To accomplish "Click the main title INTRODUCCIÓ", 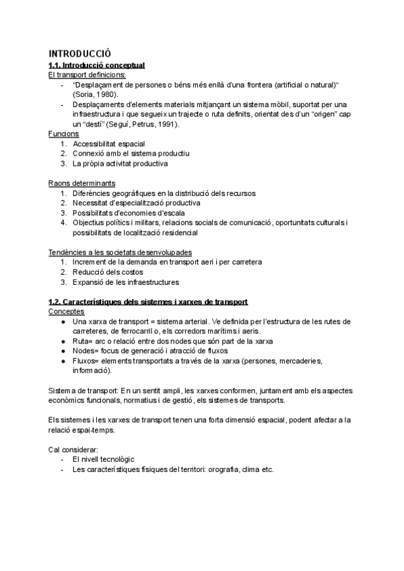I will click(79, 53).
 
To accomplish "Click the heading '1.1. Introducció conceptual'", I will click(97, 65).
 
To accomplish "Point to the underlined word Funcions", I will click(64, 134).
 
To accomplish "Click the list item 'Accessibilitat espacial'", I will click(108, 144).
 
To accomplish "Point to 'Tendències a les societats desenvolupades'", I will click(115, 252).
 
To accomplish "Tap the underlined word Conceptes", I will click(67, 312).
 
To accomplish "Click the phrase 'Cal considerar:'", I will click(74, 449).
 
